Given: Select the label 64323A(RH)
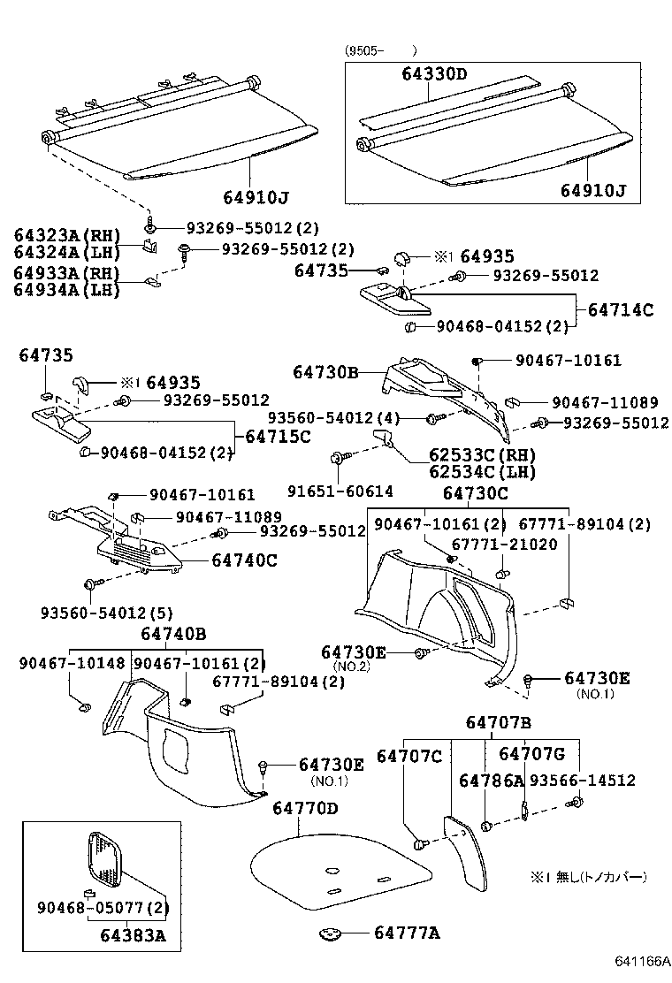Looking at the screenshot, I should click(66, 235).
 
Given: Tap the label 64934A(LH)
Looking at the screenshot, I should click(66, 289).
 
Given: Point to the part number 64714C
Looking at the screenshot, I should click(620, 309).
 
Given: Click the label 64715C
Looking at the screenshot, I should click(277, 437).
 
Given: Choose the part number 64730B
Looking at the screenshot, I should click(326, 374).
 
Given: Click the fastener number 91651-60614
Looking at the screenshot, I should click(340, 491).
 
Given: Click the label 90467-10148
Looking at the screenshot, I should click(73, 664).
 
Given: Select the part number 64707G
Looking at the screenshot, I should click(531, 754).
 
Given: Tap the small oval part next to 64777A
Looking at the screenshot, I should click(332, 933).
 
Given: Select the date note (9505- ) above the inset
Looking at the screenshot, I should click(381, 50).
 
